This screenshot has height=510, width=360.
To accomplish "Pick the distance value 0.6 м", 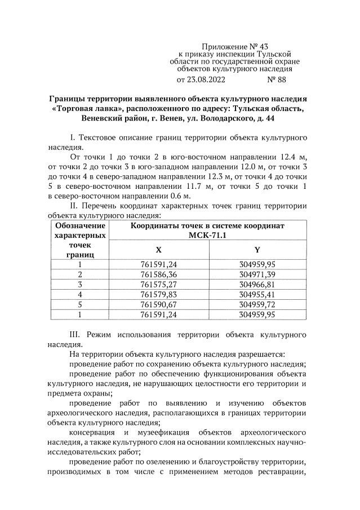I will pyautogui.click(x=179, y=196).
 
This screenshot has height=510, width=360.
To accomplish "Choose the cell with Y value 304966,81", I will pyautogui.click(x=257, y=284).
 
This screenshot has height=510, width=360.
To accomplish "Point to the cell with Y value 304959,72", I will pyautogui.click(x=257, y=304).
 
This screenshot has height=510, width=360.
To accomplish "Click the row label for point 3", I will pyautogui.click(x=80, y=284).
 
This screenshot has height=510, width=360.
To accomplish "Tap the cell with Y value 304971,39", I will pyautogui.click(x=257, y=274).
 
